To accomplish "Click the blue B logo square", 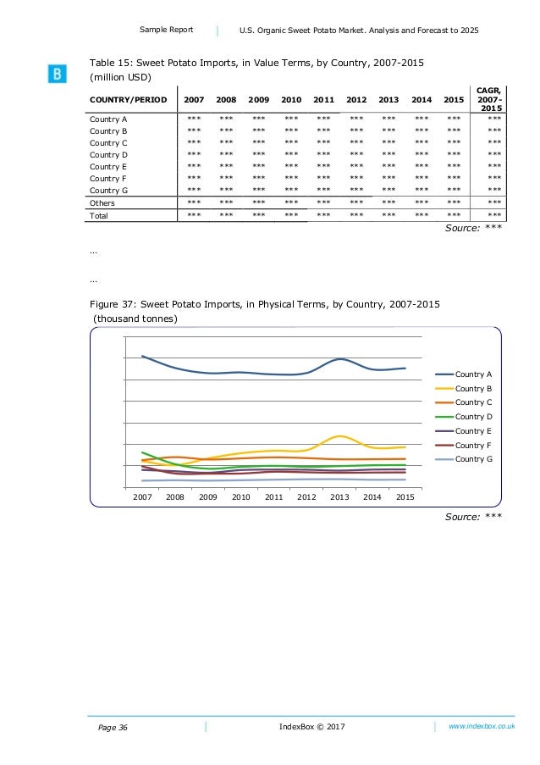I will click(56, 75).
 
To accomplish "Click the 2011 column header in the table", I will click(323, 99).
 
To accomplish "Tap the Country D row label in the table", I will click(108, 155).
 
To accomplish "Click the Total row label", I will click(100, 216).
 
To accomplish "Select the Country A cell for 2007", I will click(194, 119).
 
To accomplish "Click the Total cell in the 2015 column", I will click(454, 216).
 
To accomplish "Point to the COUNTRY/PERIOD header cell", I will click(127, 99).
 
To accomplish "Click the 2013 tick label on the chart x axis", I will click(339, 497).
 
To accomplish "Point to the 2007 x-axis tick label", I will click(142, 497).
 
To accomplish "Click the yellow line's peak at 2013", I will click(339, 436).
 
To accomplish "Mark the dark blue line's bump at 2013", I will click(339, 359).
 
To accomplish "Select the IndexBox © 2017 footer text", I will click(311, 727).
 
